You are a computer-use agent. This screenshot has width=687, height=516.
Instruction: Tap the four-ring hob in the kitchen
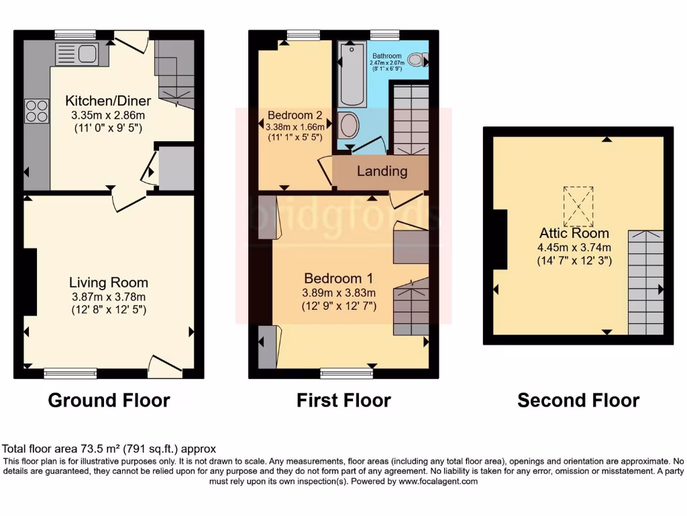pyautogui.click(x=37, y=111)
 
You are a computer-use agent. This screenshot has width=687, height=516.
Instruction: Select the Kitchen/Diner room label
pyautogui.click(x=108, y=101)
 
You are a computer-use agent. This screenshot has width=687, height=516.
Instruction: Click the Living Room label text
pyautogui.click(x=109, y=282)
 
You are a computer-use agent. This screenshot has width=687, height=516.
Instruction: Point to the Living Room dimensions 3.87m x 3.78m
pyautogui.click(x=109, y=296)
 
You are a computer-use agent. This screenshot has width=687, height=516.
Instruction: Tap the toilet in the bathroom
pyautogui.click(x=417, y=60)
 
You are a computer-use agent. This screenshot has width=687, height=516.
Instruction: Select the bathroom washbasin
pyautogui.click(x=349, y=124)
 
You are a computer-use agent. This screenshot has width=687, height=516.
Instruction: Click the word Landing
pyautogui.click(x=382, y=171)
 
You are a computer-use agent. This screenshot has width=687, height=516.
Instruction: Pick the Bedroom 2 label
pyautogui.click(x=295, y=114)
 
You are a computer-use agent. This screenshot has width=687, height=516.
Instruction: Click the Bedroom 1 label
pyautogui.click(x=339, y=278)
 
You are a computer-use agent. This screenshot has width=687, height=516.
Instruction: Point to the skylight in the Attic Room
pyautogui.click(x=578, y=206)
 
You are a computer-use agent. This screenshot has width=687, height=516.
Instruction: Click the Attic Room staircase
pyautogui.click(x=645, y=282)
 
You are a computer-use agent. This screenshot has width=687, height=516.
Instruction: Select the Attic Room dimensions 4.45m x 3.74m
pyautogui.click(x=575, y=247)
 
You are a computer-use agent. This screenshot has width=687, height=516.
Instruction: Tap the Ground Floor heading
pyautogui.click(x=109, y=400)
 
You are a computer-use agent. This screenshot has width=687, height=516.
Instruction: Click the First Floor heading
pyautogui.click(x=343, y=400)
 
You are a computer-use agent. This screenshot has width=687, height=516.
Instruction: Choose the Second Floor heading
pyautogui.click(x=578, y=400)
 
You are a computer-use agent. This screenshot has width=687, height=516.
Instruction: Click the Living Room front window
pyautogui.click(x=70, y=372)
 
